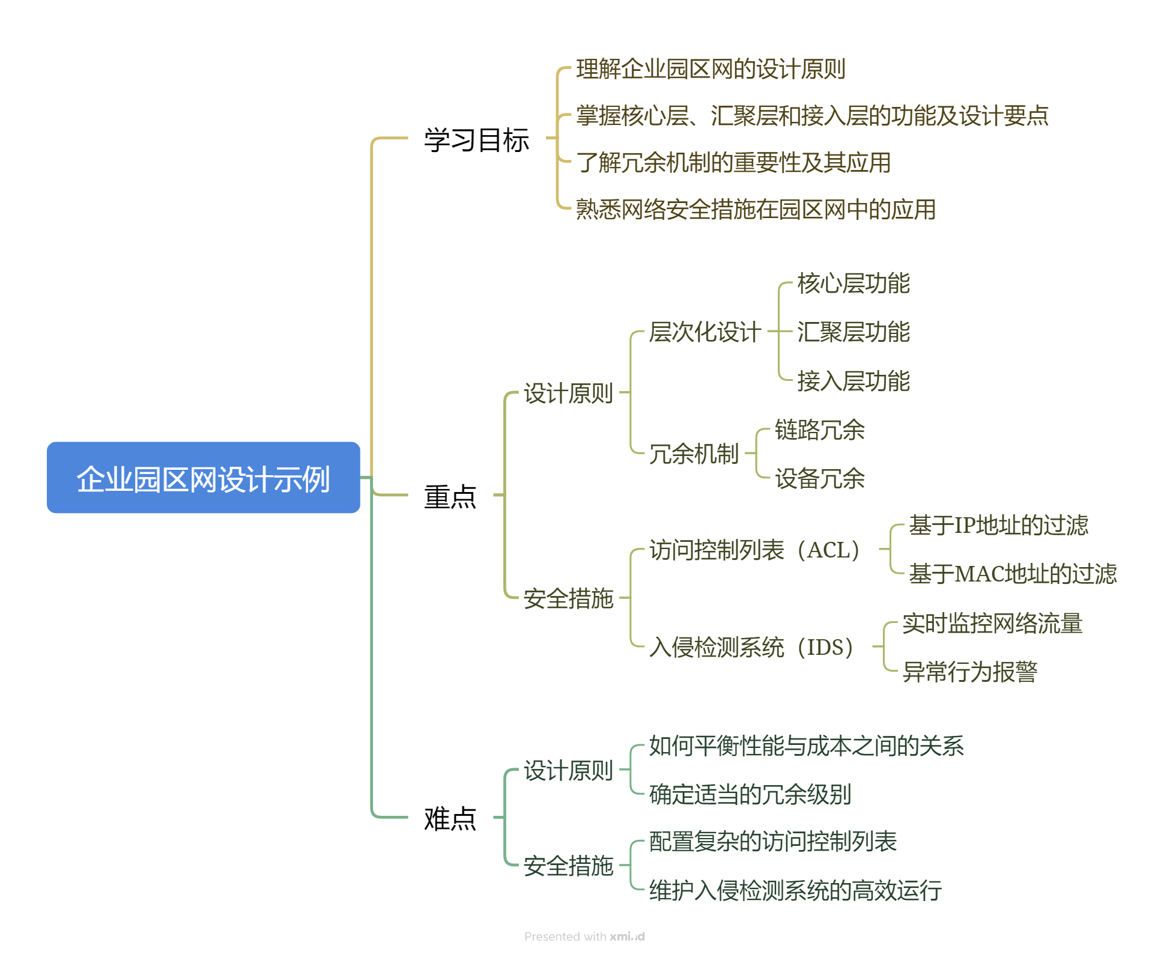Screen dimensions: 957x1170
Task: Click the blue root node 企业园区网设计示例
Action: click(x=203, y=478)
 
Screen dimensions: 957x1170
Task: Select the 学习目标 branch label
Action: click(x=476, y=140)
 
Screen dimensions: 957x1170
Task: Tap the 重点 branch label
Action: click(x=450, y=497)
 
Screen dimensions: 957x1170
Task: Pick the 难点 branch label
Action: click(x=450, y=818)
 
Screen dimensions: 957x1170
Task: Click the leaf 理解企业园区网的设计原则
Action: click(x=711, y=69)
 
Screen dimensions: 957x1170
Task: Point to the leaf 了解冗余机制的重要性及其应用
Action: click(x=733, y=162)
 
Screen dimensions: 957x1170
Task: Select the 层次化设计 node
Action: click(x=705, y=332)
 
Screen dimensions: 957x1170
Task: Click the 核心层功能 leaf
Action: click(x=853, y=284)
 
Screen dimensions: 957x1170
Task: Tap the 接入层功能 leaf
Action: click(x=853, y=381)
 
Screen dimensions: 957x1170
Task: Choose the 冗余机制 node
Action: click(x=694, y=454)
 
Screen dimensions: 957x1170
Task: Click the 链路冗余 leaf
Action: click(x=819, y=430)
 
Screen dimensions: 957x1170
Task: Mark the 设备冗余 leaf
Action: click(x=819, y=479)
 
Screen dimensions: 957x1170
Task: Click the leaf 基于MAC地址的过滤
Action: click(x=1012, y=574)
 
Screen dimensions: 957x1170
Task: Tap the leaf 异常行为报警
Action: click(x=969, y=672)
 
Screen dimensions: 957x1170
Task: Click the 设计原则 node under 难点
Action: click(x=568, y=770)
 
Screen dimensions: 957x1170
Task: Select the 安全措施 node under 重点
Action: click(x=568, y=598)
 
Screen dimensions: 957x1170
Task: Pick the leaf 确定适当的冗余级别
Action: click(x=750, y=794)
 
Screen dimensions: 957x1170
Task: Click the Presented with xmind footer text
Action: click(x=584, y=936)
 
